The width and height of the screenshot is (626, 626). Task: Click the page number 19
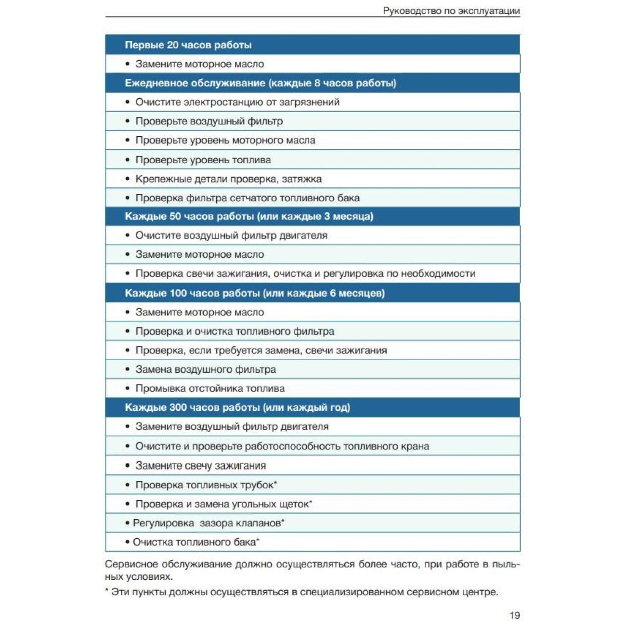pos(514,615)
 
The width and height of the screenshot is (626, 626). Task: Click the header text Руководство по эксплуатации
pos(451,11)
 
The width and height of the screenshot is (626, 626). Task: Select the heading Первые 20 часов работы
pos(188,45)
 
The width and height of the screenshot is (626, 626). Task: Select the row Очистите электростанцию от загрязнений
pos(237,102)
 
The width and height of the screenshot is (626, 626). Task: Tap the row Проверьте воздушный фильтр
pos(209,121)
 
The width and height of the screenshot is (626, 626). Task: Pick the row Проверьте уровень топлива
pos(203,160)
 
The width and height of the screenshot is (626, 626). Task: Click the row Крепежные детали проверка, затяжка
pos(228,179)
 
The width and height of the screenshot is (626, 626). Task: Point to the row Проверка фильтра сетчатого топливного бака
pos(248,198)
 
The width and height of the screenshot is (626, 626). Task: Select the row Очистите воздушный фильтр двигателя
pos(231,235)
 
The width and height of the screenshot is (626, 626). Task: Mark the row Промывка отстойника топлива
pos(210,388)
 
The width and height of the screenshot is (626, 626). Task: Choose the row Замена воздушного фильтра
pos(206,369)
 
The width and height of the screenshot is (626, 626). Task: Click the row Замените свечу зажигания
pos(200,466)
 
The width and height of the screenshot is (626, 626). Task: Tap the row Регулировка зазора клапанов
pos(209,523)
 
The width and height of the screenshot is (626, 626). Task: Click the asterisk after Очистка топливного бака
pos(258,540)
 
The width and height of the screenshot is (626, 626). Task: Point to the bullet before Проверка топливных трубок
pos(128,485)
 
